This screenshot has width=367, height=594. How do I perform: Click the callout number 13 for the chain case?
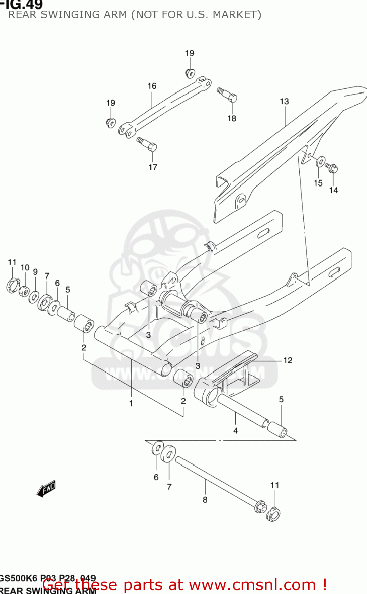(284, 101)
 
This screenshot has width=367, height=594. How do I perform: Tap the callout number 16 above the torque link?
(152, 86)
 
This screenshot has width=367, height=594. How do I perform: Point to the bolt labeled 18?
(228, 95)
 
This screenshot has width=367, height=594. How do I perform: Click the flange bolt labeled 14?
(332, 168)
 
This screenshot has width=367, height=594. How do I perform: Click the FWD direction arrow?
(46, 489)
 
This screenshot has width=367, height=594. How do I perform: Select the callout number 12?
(288, 360)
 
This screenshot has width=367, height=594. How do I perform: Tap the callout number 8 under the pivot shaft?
(205, 500)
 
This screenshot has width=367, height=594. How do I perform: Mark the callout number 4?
(235, 430)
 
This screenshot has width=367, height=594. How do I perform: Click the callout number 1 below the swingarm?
(131, 404)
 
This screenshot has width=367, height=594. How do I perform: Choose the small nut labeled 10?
(24, 291)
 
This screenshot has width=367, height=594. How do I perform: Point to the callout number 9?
(35, 272)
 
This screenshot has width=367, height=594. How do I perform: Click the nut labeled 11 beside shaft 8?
(273, 515)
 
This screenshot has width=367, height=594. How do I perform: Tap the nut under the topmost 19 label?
(190, 73)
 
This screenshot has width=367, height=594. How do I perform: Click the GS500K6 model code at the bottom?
(18, 578)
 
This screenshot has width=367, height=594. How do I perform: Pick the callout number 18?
(232, 118)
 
